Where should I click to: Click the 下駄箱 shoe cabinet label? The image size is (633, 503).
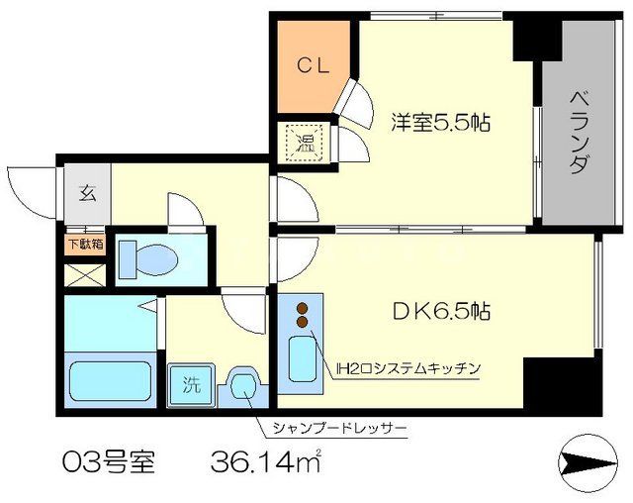[x=85, y=242]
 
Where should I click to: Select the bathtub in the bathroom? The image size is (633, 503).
[x=110, y=379]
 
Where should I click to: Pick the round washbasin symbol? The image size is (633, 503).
[x=242, y=386]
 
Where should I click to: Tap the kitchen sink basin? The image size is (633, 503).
[x=301, y=361]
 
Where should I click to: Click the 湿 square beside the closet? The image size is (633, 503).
[x=300, y=139]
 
